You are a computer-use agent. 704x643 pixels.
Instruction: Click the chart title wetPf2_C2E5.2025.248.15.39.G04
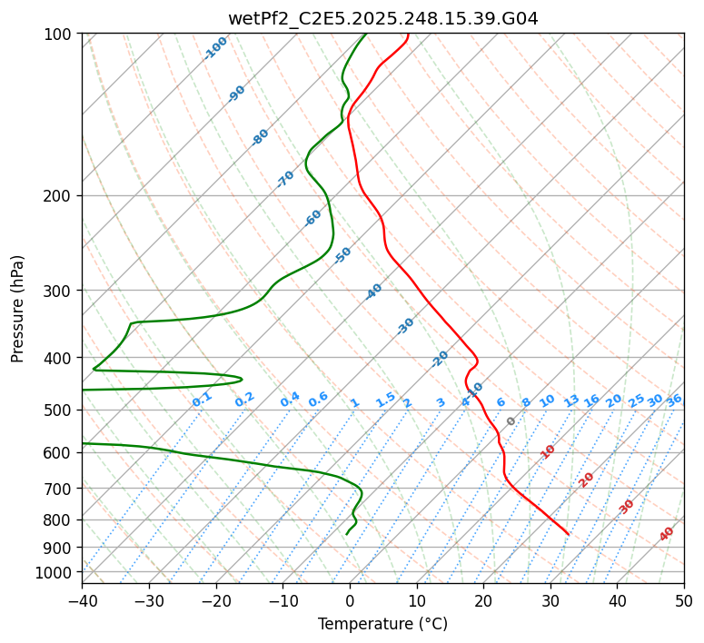tap(382, 18)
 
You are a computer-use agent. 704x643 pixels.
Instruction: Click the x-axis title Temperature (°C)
tap(382, 625)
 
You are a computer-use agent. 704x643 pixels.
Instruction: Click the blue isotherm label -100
tap(216, 48)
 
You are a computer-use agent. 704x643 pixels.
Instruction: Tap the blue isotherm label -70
tap(285, 179)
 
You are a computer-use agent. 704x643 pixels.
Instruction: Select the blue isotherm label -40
tap(373, 292)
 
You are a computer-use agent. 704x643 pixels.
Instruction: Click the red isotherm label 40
tap(667, 534)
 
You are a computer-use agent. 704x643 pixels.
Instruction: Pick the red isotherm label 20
tap(587, 480)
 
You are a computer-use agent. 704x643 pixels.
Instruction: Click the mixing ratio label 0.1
tap(202, 399)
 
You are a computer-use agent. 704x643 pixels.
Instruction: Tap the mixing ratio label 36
tap(674, 400)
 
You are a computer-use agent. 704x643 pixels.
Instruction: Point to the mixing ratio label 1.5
tap(385, 399)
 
